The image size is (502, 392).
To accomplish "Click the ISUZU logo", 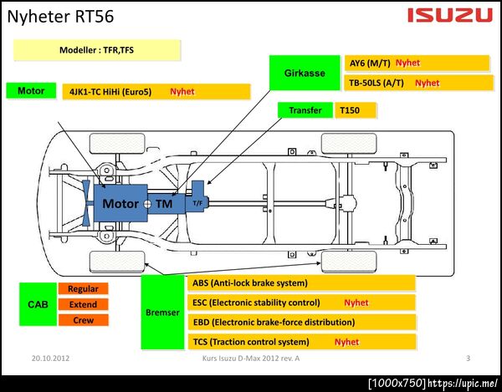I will pos(450,15).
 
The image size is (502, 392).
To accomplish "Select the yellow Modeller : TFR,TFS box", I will pos(97,50).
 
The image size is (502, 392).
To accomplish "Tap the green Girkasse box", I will pos(305,73).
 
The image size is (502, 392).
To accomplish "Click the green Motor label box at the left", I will pos(30,90).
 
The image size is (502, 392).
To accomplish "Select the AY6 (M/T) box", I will pos(417,64).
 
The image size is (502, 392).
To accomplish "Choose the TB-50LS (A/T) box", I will pos(417,83).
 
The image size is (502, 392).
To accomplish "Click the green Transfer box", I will pos(305,110).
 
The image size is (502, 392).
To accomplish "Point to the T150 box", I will pos(356,110).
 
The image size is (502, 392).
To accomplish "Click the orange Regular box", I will pos(83,289).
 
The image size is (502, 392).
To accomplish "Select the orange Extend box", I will pos(83,304).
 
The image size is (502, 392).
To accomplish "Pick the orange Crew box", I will pos(83,320).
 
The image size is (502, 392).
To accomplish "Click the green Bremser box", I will pos(164,311).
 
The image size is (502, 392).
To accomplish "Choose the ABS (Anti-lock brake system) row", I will pos(302,283).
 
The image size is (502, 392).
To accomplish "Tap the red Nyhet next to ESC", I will pos(356,303).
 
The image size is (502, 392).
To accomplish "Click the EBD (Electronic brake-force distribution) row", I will pos(302,322).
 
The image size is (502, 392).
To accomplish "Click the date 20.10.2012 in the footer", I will pos(50,358).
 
